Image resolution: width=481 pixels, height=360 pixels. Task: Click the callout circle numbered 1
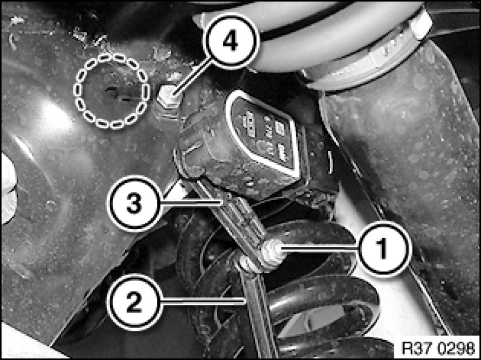pyautogui.click(x=383, y=249)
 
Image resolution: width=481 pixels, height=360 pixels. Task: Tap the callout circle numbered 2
pyautogui.click(x=135, y=302)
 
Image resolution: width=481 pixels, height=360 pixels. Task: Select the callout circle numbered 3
pyautogui.click(x=135, y=203)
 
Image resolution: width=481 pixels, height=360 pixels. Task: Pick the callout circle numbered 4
pyautogui.click(x=231, y=41)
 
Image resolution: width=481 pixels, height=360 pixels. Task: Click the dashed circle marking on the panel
pyautogui.click(x=111, y=90)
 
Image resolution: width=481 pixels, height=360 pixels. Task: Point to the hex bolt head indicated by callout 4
pyautogui.click(x=168, y=96)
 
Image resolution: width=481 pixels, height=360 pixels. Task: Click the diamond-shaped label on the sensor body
pyautogui.click(x=263, y=133)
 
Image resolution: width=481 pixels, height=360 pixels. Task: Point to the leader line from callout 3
pyautogui.click(x=191, y=202)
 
